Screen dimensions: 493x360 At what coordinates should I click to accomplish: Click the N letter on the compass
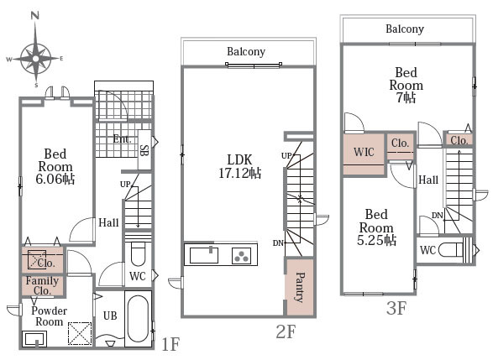click(35, 15)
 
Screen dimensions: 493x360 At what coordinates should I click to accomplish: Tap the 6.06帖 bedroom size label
click(55, 179)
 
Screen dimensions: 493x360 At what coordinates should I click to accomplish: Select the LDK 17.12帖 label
click(240, 166)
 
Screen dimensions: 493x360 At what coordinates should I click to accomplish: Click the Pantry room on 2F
click(300, 286)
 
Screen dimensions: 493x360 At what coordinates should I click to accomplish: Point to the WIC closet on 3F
click(364, 153)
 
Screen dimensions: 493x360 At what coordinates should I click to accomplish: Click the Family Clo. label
click(42, 285)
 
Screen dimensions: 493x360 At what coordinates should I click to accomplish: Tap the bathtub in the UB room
click(138, 319)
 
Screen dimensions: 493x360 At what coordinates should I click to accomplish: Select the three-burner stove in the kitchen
click(242, 255)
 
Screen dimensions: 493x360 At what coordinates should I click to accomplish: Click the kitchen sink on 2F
click(204, 255)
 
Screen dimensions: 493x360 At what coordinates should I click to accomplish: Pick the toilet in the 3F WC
click(455, 250)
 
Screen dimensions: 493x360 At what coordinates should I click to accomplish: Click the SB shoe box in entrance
click(144, 150)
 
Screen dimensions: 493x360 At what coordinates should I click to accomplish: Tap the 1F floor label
click(170, 344)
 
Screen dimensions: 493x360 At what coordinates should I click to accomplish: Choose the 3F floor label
click(396, 308)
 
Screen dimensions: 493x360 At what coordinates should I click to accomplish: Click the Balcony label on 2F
click(246, 51)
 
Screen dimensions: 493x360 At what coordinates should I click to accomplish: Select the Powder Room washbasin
click(34, 339)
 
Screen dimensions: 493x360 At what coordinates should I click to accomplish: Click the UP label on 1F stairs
click(125, 185)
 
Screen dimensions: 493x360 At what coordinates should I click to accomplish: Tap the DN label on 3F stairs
click(437, 216)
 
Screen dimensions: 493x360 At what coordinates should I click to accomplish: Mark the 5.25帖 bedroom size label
click(376, 240)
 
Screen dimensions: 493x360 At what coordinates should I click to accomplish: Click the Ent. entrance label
click(122, 138)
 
